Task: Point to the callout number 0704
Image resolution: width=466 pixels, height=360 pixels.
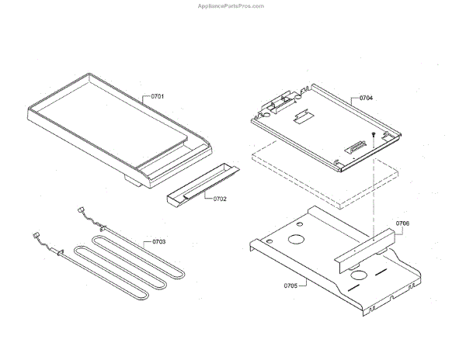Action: coord(366,99)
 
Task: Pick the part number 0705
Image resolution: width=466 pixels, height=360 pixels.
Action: coord(290,285)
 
